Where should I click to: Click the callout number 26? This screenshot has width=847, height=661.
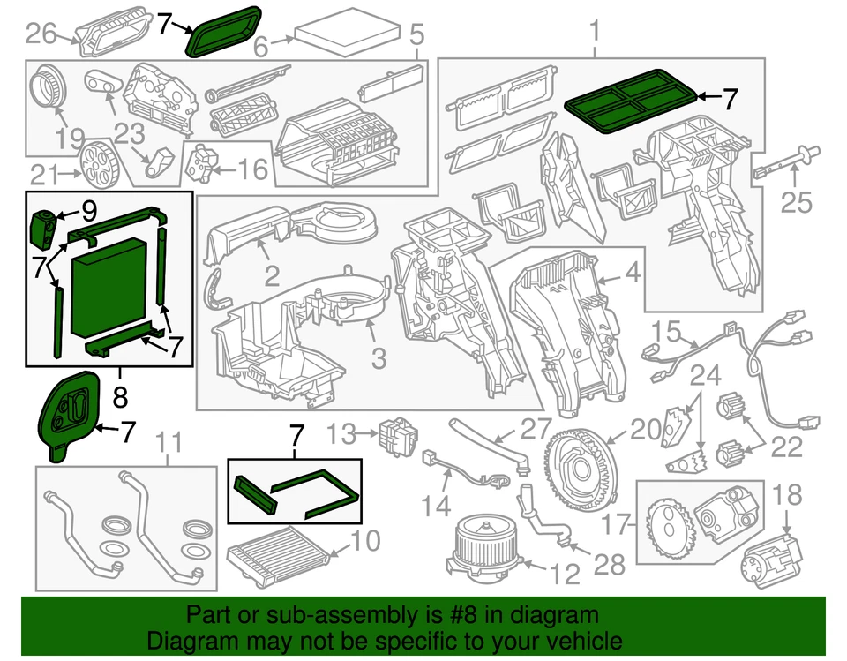pos(41,34)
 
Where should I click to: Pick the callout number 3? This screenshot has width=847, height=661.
pos(378,359)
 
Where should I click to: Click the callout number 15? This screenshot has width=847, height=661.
pos(668,332)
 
